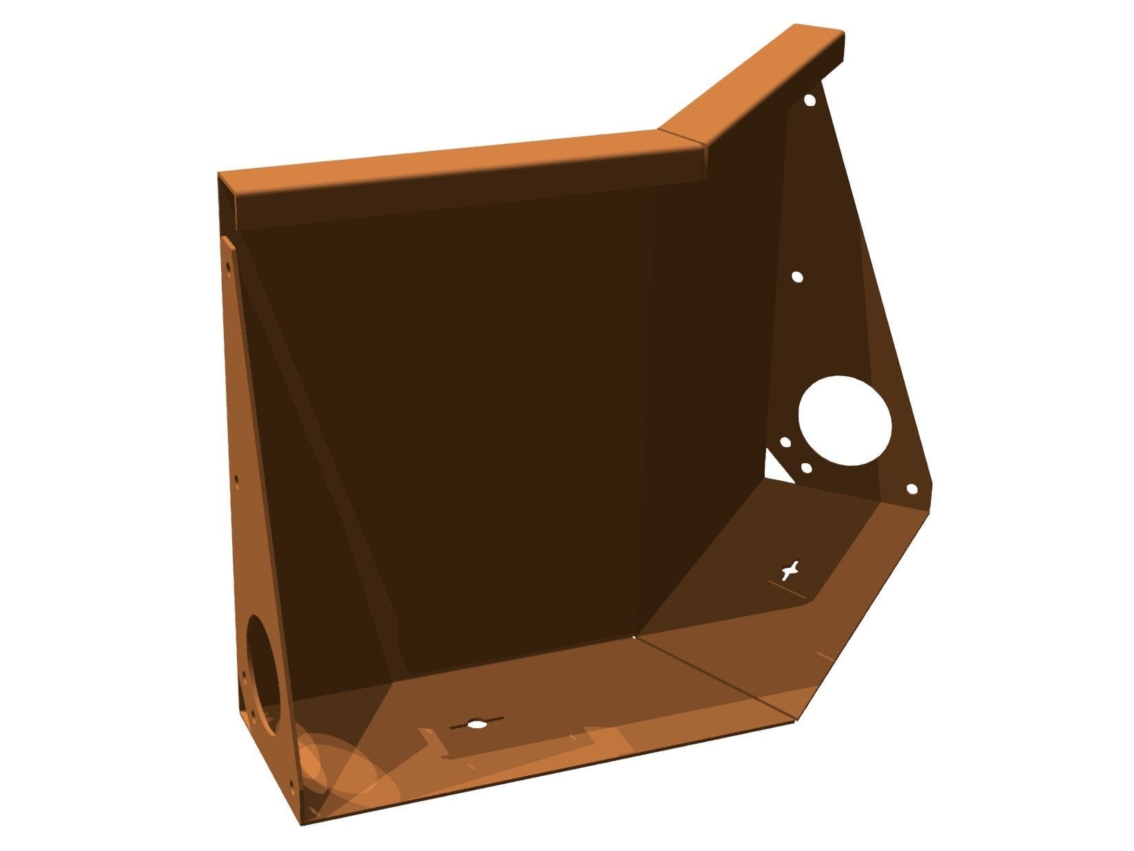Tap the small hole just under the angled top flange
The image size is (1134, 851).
tap(810, 101)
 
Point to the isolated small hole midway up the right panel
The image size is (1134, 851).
tap(797, 277)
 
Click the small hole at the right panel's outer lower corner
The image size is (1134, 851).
tap(911, 489)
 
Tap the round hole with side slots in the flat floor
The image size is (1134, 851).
tap(476, 724)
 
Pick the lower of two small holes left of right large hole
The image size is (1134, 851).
tap(805, 468)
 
